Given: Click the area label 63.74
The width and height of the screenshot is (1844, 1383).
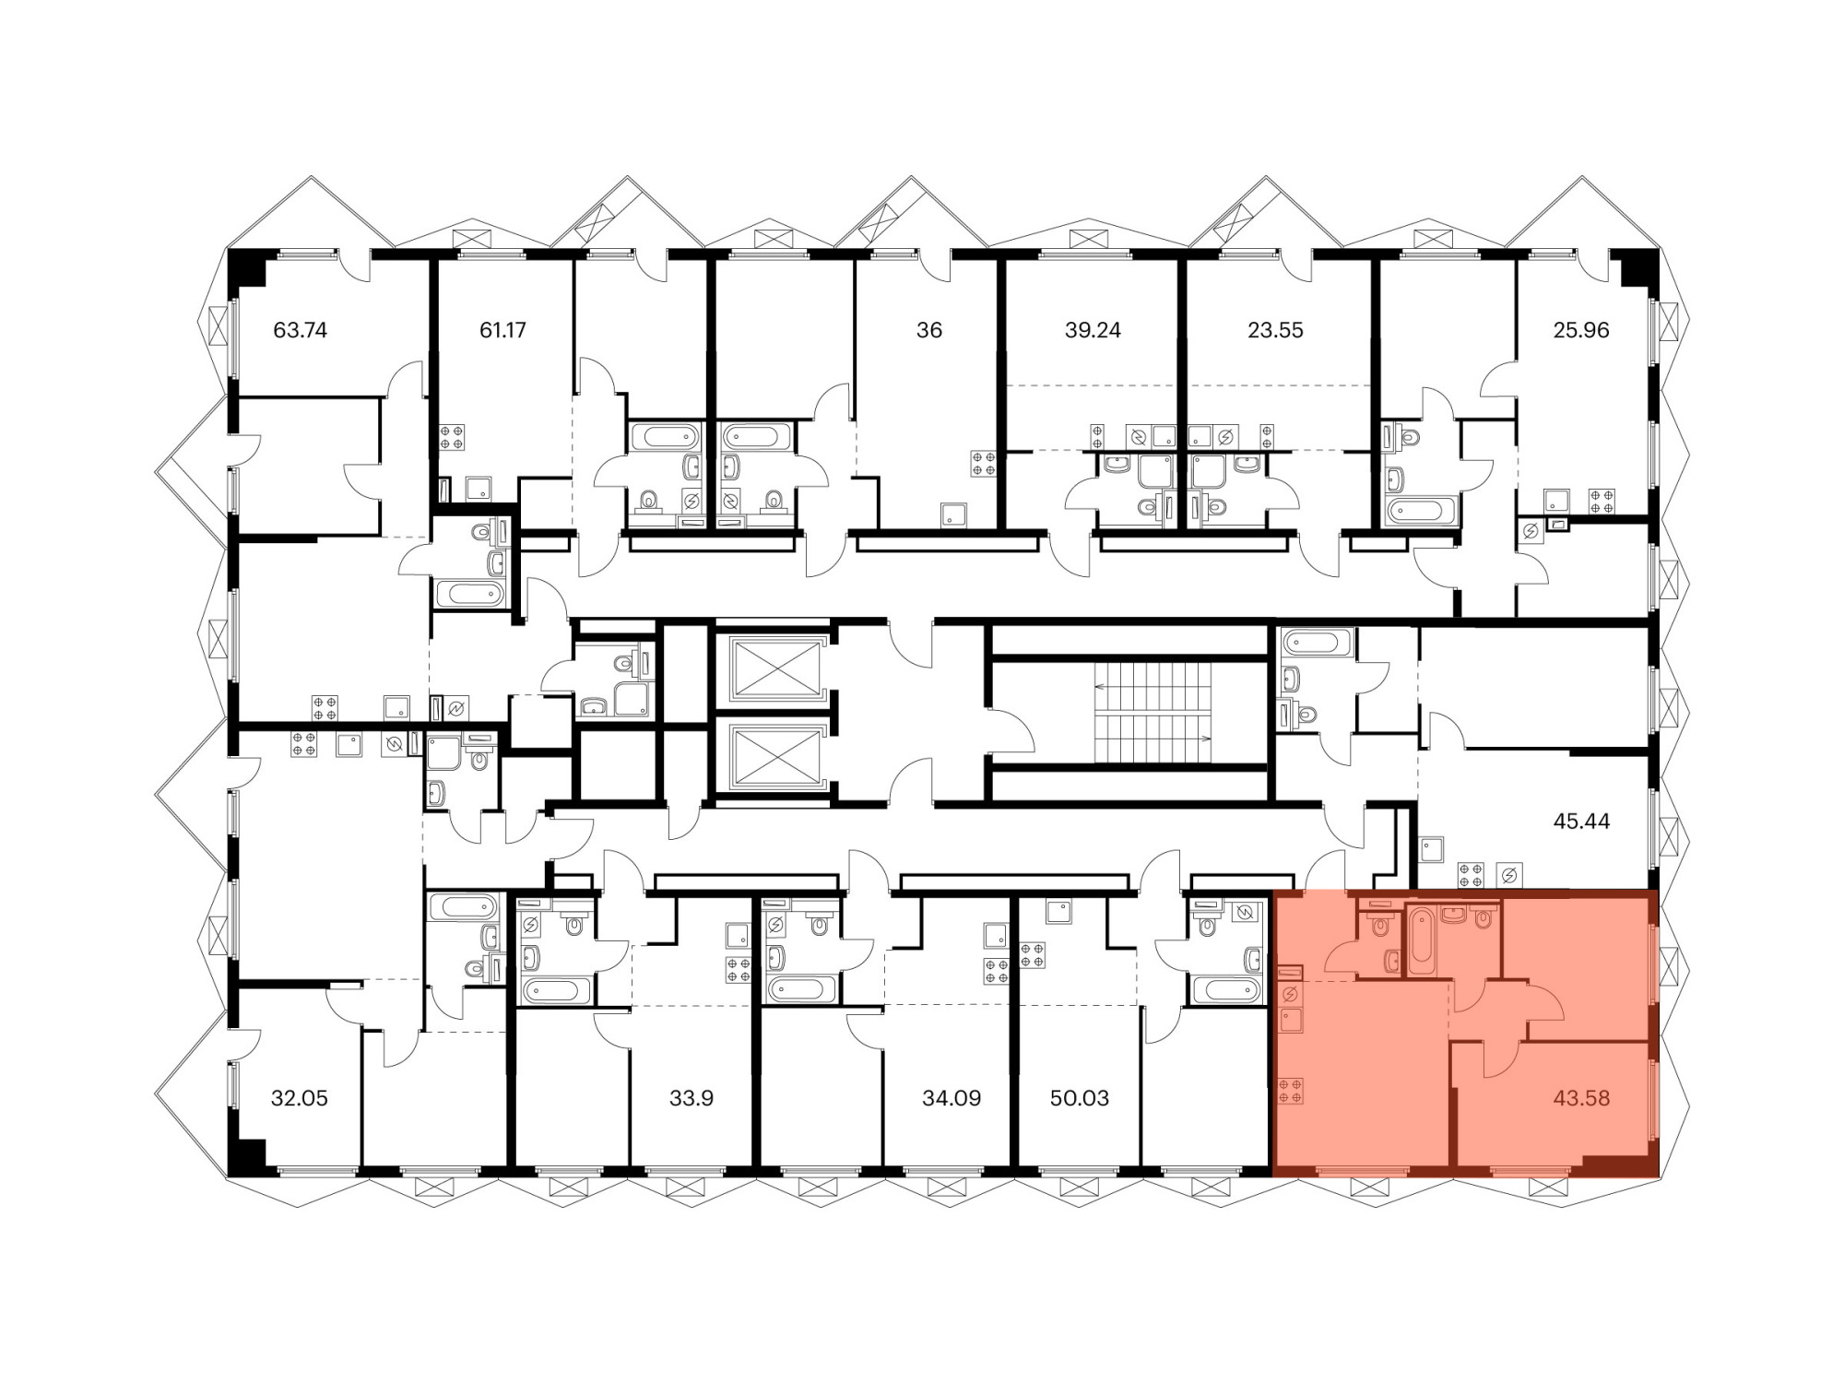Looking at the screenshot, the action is [x=301, y=330].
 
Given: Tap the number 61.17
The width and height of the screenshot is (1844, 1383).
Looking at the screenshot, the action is [x=502, y=330].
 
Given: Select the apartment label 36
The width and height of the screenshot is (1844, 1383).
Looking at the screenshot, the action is [x=929, y=330].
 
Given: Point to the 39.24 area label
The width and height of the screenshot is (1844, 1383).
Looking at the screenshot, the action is [x=1093, y=330].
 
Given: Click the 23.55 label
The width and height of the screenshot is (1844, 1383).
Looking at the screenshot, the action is [x=1275, y=330].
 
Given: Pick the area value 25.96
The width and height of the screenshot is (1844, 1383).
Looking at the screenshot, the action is [x=1581, y=330].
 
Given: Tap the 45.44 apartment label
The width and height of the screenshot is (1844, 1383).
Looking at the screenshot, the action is [x=1581, y=821].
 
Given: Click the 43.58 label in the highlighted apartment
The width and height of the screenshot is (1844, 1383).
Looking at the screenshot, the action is [x=1581, y=1098].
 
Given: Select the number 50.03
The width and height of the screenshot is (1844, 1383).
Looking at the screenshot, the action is [x=1079, y=1098].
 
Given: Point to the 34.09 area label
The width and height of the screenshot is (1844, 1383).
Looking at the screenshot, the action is [x=952, y=1098].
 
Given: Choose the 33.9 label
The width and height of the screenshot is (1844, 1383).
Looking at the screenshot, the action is [x=691, y=1098].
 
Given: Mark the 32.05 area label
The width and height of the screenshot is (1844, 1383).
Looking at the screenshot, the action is [x=300, y=1098].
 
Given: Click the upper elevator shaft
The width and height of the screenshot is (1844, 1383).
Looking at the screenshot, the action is [x=774, y=668].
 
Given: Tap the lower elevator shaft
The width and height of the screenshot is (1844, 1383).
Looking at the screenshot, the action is [x=774, y=757].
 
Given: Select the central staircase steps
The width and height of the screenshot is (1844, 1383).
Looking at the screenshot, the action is [x=1152, y=712].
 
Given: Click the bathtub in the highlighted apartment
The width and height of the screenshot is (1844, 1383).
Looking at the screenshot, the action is [x=1421, y=940].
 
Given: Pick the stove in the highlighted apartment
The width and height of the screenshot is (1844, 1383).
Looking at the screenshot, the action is [x=1290, y=1091].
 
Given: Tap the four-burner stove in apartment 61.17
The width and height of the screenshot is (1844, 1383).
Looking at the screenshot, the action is [x=452, y=436].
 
